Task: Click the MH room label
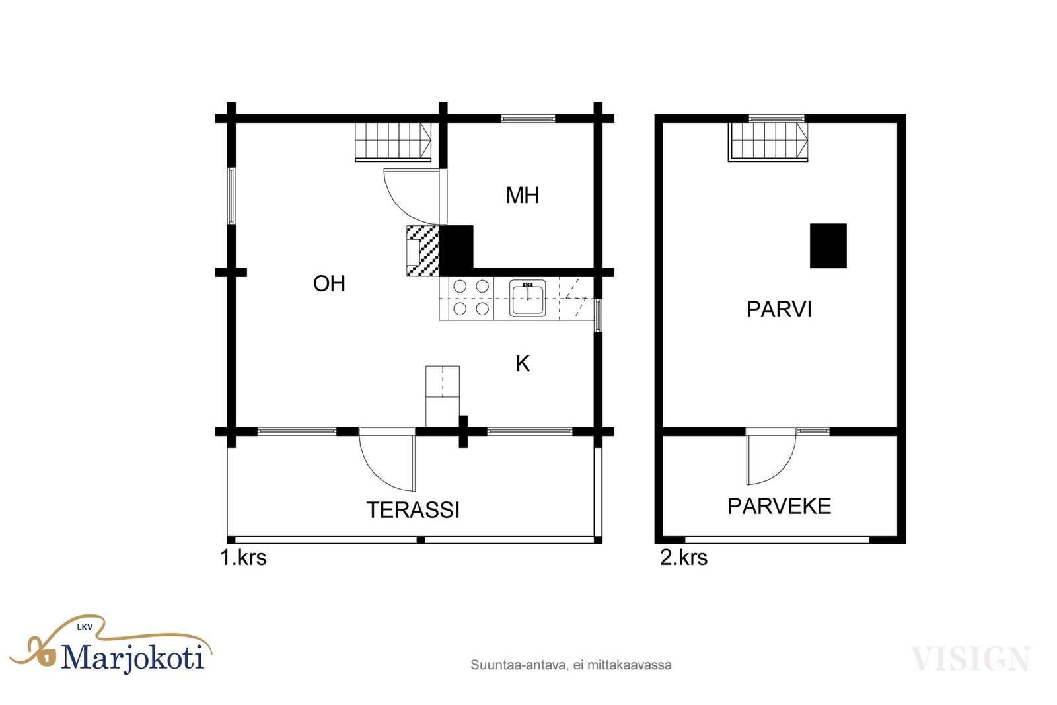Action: (523, 196)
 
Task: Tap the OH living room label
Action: (330, 283)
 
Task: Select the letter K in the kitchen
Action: (523, 364)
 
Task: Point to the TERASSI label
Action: (413, 510)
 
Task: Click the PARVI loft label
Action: (779, 310)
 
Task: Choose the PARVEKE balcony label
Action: (779, 506)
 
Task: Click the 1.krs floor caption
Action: (244, 558)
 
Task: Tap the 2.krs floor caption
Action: (684, 558)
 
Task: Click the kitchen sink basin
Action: (528, 298)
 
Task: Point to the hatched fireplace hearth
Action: (423, 250)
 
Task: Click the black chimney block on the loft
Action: (828, 246)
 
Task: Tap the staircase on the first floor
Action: (393, 141)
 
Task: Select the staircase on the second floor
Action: (768, 141)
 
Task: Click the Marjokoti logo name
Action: (133, 657)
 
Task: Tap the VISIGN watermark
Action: (970, 659)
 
